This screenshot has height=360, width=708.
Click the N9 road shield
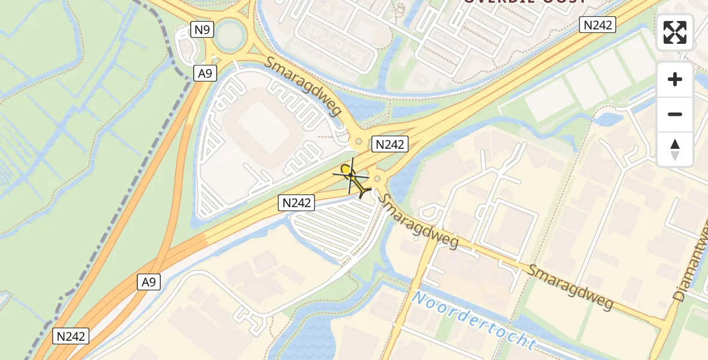pos(203,29)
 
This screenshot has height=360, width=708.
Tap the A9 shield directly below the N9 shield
pos(205,73)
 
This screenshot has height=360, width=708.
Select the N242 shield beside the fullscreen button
pos(598,25)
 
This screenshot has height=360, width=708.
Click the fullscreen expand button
pos(675,32)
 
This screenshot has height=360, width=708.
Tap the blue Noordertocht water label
pos(473,320)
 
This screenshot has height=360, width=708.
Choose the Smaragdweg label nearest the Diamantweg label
pos(571,285)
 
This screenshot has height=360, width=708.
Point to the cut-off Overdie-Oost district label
pos(524,3)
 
